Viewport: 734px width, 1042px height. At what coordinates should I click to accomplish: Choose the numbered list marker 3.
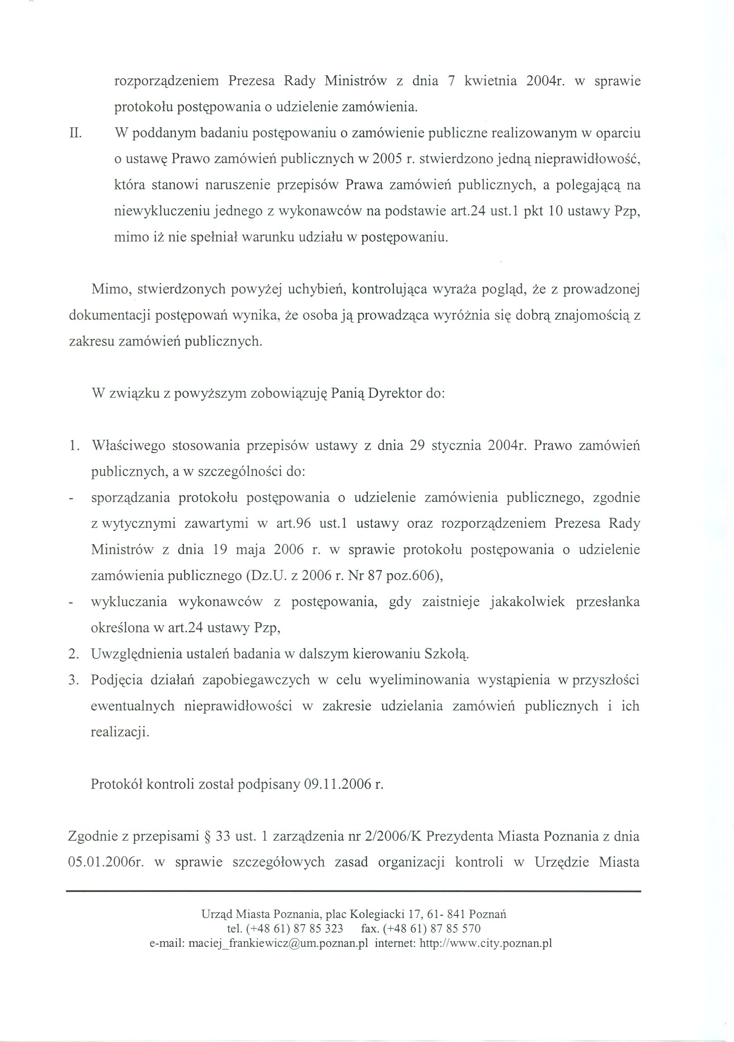tap(74, 680)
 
